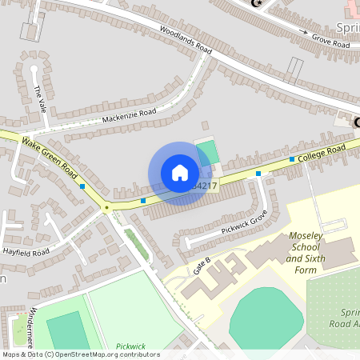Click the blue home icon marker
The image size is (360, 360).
click(x=180, y=173)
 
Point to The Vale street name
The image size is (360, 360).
click(x=39, y=97)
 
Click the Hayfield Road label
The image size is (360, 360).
click(x=26, y=251)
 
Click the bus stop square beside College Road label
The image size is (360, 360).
click(x=291, y=159)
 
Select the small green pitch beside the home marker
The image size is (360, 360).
click(x=206, y=150)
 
